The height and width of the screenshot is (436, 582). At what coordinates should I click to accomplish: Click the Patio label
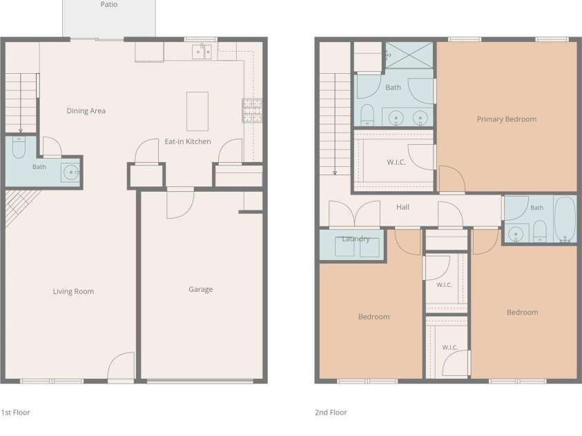click(x=109, y=4)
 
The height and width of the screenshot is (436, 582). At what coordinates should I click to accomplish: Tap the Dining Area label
click(x=86, y=111)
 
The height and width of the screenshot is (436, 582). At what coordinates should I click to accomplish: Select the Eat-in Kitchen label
click(x=188, y=141)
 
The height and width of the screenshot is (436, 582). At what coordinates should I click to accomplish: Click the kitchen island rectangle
click(x=197, y=111)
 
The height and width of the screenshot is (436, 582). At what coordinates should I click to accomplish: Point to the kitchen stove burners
click(x=253, y=110)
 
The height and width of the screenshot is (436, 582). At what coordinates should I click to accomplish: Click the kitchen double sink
click(x=202, y=52)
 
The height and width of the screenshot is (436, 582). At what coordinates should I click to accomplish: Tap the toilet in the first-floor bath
click(x=19, y=147)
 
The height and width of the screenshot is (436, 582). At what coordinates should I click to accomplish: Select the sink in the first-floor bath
click(x=70, y=172)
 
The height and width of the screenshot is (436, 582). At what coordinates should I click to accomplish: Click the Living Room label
click(x=73, y=291)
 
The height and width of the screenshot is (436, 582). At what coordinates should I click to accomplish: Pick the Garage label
click(x=201, y=289)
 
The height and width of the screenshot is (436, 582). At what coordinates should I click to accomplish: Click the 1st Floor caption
click(x=15, y=413)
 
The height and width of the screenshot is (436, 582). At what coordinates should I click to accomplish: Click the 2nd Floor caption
click(x=331, y=413)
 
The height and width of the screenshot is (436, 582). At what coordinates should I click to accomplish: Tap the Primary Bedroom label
click(x=507, y=119)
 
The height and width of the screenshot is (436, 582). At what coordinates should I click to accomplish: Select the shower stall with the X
click(x=409, y=55)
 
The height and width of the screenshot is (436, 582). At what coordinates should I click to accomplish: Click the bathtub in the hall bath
click(x=565, y=219)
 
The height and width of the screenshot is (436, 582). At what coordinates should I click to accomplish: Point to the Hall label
click(x=402, y=207)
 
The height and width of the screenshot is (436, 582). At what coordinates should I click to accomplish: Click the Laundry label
click(x=356, y=239)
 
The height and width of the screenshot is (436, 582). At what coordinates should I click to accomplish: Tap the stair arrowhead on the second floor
click(x=335, y=172)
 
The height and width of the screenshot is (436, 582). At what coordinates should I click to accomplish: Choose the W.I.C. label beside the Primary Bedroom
click(x=396, y=162)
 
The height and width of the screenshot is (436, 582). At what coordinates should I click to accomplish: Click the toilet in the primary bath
click(x=367, y=115)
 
